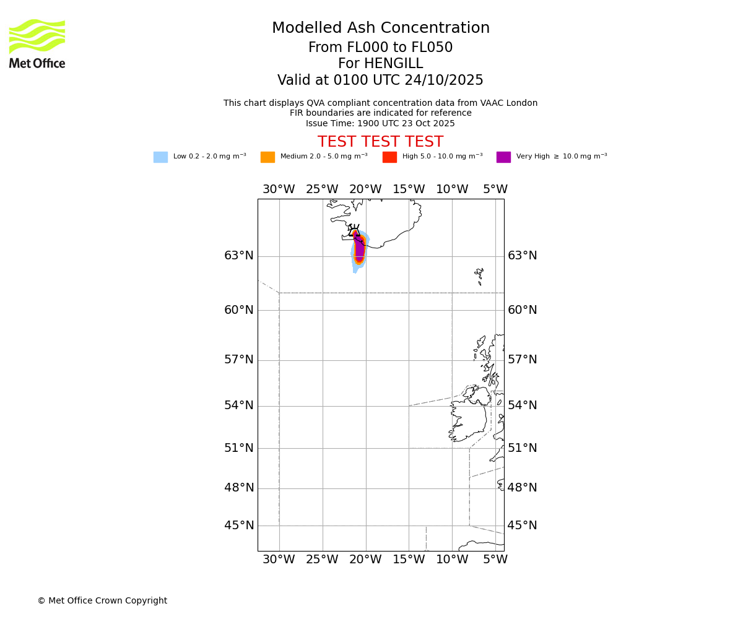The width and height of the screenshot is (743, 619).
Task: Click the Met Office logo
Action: [x=37, y=43]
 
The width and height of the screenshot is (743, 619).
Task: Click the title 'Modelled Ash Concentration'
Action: [x=380, y=28]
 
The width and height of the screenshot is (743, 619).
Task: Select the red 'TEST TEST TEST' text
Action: [x=380, y=142]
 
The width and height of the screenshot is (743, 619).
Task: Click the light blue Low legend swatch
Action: [x=160, y=157]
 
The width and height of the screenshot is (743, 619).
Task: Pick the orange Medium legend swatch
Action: [x=267, y=157]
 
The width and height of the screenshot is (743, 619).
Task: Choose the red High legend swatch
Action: [x=389, y=157]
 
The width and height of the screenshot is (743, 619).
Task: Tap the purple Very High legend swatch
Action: [x=503, y=157]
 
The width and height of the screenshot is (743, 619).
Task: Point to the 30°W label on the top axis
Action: [x=279, y=189]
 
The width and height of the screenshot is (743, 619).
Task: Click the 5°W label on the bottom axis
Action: [x=495, y=560]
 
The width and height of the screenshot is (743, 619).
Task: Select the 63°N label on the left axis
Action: [x=239, y=256]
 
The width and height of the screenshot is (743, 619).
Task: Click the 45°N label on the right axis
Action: [x=523, y=526]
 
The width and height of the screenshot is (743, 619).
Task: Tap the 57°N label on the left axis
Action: [x=239, y=360]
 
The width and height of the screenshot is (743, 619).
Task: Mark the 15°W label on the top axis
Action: [x=409, y=189]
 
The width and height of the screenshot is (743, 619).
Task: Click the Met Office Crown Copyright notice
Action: [x=102, y=600]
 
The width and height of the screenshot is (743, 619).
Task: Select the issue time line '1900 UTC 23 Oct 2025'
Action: [x=380, y=123]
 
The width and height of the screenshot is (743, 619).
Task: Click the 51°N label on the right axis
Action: [x=523, y=448]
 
